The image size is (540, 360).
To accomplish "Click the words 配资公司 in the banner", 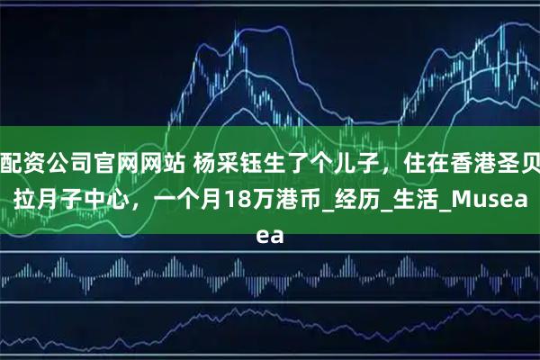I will coord(46,163).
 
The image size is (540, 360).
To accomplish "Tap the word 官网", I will coord(112,163).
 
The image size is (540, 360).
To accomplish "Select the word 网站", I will coord(156,163).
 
